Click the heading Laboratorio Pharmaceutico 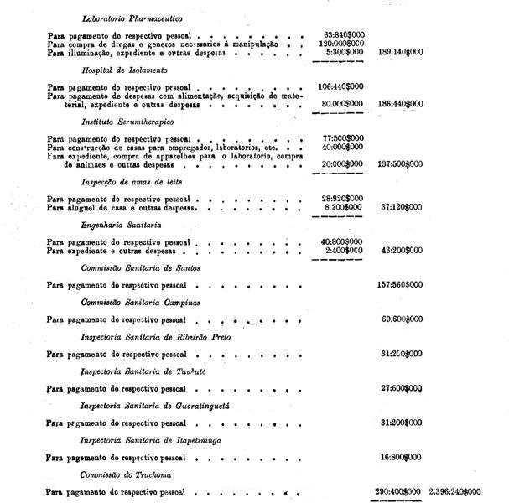133,18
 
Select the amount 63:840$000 343,36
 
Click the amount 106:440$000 340,87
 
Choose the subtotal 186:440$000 401,104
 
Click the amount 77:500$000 343,138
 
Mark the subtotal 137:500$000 401,163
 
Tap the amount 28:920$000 343,199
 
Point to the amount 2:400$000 345,250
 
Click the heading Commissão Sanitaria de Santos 140,267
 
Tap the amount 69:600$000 402,319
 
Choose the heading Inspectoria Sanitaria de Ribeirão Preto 154,336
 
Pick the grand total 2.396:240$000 454,491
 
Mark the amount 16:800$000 402,457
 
